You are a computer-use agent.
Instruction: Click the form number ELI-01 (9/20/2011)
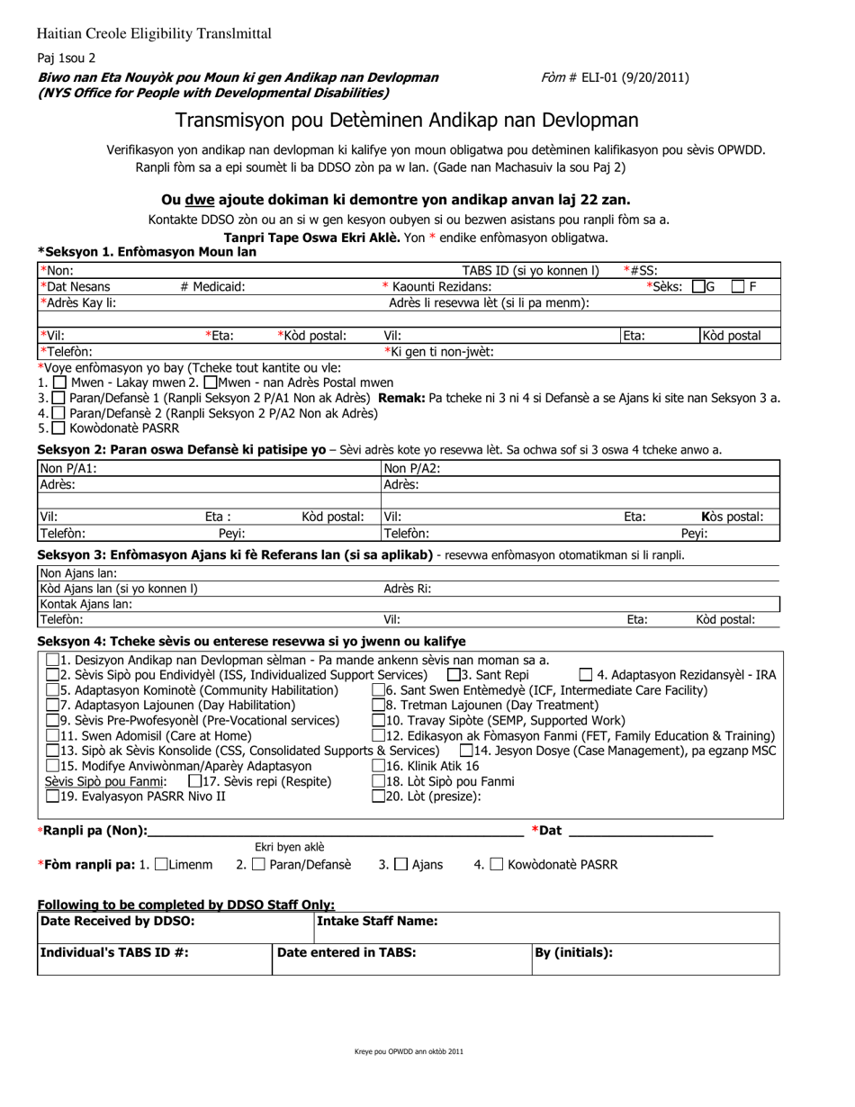(640, 77)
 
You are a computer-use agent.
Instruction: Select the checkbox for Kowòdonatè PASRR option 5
(58, 428)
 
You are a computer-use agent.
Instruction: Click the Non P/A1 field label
(68, 468)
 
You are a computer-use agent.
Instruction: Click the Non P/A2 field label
(413, 468)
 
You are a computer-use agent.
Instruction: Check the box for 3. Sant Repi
(454, 675)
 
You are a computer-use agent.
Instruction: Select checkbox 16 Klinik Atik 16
(378, 766)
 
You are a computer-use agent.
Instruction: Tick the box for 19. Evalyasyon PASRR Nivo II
(52, 796)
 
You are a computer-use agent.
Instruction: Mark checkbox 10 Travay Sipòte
(378, 721)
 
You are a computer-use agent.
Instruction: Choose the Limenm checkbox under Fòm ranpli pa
(161, 865)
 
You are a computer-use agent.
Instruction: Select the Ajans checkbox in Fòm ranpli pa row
(401, 865)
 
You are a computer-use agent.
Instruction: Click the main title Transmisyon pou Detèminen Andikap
(407, 121)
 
